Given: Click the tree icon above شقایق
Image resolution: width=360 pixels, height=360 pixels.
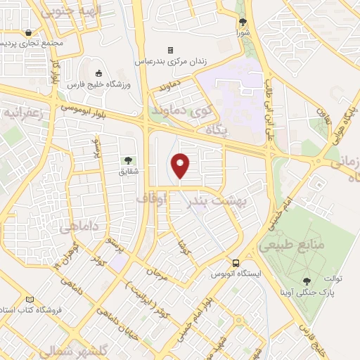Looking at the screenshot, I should point(128,161).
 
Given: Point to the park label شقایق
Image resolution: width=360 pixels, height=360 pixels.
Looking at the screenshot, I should point(128,171).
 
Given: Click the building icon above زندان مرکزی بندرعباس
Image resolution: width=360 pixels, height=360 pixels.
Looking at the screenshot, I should point(169,50).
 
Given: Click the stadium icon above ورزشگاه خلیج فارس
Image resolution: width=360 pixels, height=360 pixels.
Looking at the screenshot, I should point(98,73).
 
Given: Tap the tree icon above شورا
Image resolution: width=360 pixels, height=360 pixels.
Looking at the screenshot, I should point(243,22).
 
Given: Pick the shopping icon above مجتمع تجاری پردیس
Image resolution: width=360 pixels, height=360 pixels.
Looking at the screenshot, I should point(27,32).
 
